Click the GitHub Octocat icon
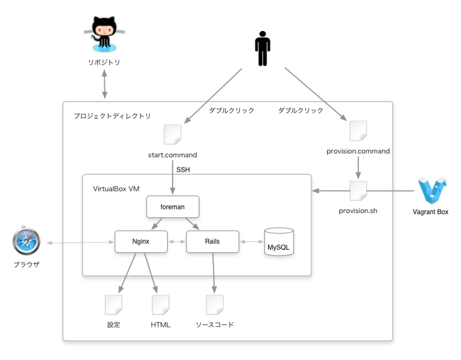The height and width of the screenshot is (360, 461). click(104, 34)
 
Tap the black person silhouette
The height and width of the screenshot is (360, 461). click(262, 49)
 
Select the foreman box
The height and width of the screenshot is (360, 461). click(173, 207)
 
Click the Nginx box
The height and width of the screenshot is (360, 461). click(141, 242)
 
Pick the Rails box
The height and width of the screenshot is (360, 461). click(212, 242)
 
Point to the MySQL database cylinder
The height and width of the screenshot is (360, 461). click(279, 242)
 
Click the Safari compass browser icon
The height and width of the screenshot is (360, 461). click(26, 241)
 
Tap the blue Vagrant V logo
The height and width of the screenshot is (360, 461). click(432, 191)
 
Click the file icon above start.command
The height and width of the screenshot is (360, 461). click(173, 134)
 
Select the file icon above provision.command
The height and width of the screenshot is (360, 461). click(358, 131)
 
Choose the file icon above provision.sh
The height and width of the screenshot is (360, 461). click(358, 190)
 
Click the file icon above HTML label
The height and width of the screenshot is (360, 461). click(161, 305)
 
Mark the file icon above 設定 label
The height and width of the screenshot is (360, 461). click(113, 305)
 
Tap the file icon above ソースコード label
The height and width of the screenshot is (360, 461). click(215, 305)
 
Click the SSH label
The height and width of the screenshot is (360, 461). click(183, 170)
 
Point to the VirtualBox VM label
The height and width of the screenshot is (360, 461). click(116, 189)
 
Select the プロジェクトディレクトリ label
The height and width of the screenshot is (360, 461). click(112, 116)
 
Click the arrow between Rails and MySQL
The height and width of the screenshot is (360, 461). click(252, 242)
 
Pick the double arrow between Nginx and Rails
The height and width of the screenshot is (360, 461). click(177, 242)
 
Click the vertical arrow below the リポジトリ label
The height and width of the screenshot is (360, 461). click(105, 84)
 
